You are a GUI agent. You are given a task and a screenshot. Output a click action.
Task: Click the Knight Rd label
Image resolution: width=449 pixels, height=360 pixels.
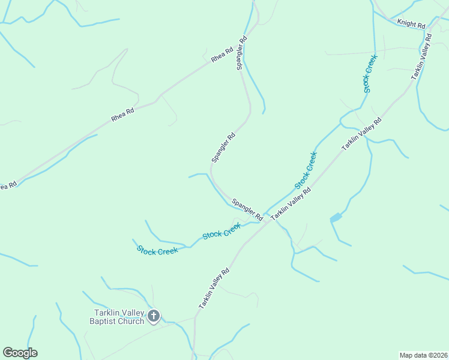(x=412, y=25)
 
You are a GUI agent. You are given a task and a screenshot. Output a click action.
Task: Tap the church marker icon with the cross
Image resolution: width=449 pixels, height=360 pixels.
(x=154, y=316)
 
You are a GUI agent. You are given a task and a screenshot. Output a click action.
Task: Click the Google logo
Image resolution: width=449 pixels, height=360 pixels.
(x=20, y=353)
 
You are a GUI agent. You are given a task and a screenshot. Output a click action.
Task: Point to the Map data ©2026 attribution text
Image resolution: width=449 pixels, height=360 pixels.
(x=423, y=355)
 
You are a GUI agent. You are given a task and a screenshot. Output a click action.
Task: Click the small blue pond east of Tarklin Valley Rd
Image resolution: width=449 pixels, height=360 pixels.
(x=336, y=218)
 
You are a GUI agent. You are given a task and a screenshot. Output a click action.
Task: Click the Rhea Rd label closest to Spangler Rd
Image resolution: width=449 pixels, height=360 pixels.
(x=221, y=56)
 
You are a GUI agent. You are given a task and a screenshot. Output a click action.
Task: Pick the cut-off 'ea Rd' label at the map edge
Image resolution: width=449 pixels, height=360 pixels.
(x=7, y=185)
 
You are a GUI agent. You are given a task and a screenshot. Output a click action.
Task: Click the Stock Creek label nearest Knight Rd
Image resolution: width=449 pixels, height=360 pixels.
(x=369, y=73)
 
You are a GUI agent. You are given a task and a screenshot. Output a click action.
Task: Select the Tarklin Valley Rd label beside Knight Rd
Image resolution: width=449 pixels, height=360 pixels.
(x=422, y=57)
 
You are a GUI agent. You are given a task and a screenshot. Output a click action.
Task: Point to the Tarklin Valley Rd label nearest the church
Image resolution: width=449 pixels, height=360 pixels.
(x=214, y=289)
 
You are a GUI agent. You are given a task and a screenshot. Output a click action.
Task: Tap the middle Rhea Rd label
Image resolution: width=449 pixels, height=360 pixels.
(x=122, y=112)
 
